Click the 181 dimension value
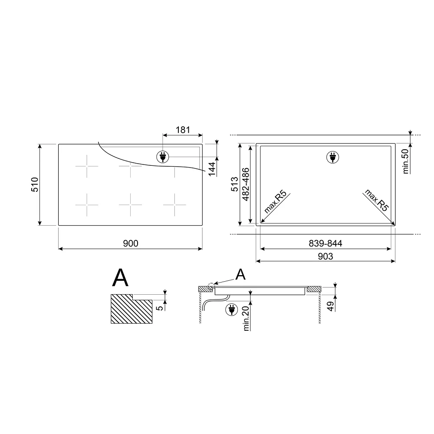[183, 129]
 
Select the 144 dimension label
[212, 169]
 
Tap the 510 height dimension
[35, 184]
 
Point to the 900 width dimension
[131, 243]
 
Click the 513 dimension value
[234, 184]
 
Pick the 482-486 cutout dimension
[246, 184]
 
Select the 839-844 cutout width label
[325, 243]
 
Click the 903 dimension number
[325, 256]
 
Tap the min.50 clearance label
[405, 161]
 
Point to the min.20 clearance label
[246, 319]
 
